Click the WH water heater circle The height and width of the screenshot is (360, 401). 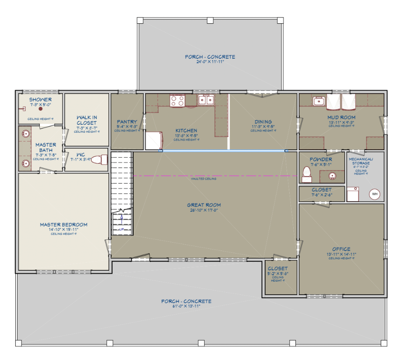click(x=374, y=194)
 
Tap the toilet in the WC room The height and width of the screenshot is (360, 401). click(x=102, y=160)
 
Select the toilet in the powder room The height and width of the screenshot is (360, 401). click(x=307, y=174)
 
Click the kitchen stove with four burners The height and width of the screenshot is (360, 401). click(x=177, y=101)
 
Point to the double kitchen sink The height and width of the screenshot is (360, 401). click(x=206, y=101)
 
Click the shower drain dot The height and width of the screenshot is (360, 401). click(x=40, y=109)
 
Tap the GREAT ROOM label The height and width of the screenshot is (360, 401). click(x=204, y=205)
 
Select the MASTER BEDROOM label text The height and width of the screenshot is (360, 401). click(x=64, y=225)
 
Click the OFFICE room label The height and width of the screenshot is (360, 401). click(x=341, y=249)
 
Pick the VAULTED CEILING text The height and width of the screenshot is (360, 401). click(x=204, y=179)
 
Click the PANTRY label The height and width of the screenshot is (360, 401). click(x=127, y=122)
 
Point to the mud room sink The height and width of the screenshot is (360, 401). click(x=319, y=101)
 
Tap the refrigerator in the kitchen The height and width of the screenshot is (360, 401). click(x=153, y=141)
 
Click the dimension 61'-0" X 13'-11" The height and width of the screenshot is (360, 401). click(x=186, y=307)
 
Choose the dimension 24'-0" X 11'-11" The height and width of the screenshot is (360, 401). click(x=210, y=62)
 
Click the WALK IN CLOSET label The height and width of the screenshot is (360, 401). click(x=86, y=120)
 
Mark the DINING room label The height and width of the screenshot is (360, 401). click(x=263, y=122)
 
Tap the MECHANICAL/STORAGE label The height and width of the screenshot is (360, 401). click(x=361, y=161)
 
